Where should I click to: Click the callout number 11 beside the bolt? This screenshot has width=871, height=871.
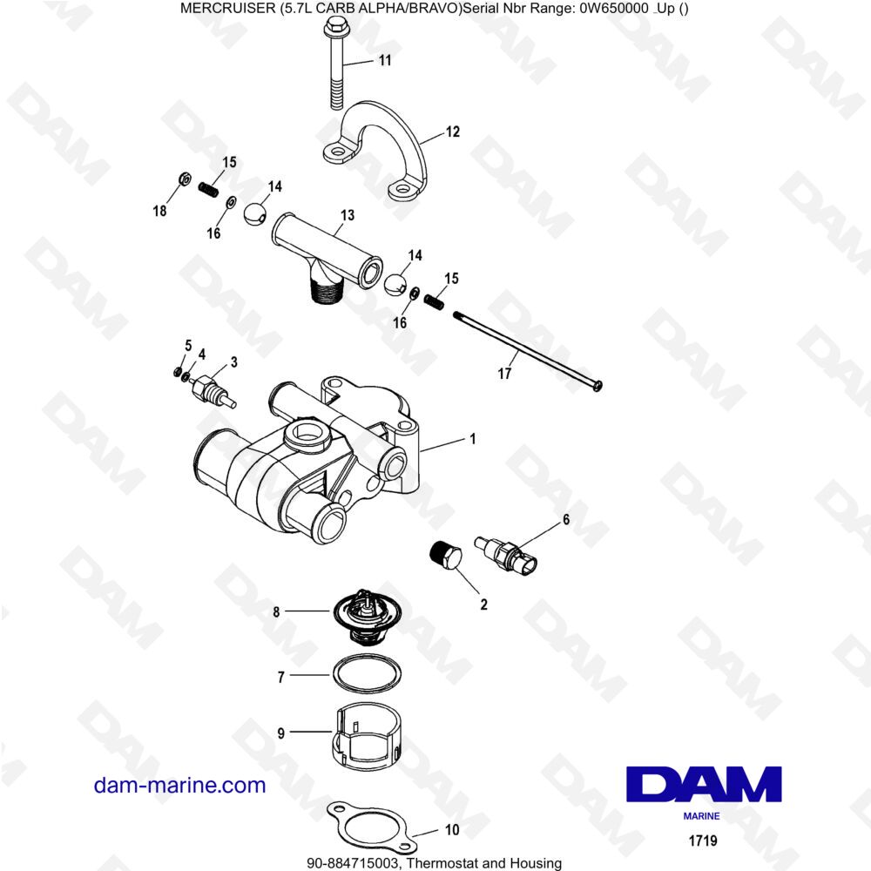(384, 60)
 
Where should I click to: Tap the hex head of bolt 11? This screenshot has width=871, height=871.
(336, 31)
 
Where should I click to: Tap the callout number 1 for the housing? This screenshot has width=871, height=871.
(472, 440)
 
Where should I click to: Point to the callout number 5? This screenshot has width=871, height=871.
(187, 346)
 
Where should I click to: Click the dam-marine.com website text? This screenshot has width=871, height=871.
(179, 785)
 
